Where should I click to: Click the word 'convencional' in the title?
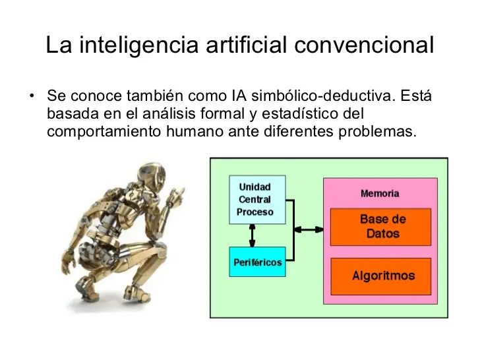[364, 45]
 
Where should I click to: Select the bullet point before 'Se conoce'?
[32, 96]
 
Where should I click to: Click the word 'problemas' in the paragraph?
[377, 132]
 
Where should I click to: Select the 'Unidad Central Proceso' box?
[257, 200]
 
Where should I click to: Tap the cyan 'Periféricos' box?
[257, 262]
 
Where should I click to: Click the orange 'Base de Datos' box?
[381, 227]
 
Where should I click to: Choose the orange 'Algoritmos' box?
[381, 276]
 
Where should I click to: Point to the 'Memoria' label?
[380, 193]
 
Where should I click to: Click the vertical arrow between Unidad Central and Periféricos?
[252, 235]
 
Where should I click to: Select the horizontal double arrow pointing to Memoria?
[309, 229]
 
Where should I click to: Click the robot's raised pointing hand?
[176, 196]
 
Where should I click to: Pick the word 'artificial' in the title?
[246, 45]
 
